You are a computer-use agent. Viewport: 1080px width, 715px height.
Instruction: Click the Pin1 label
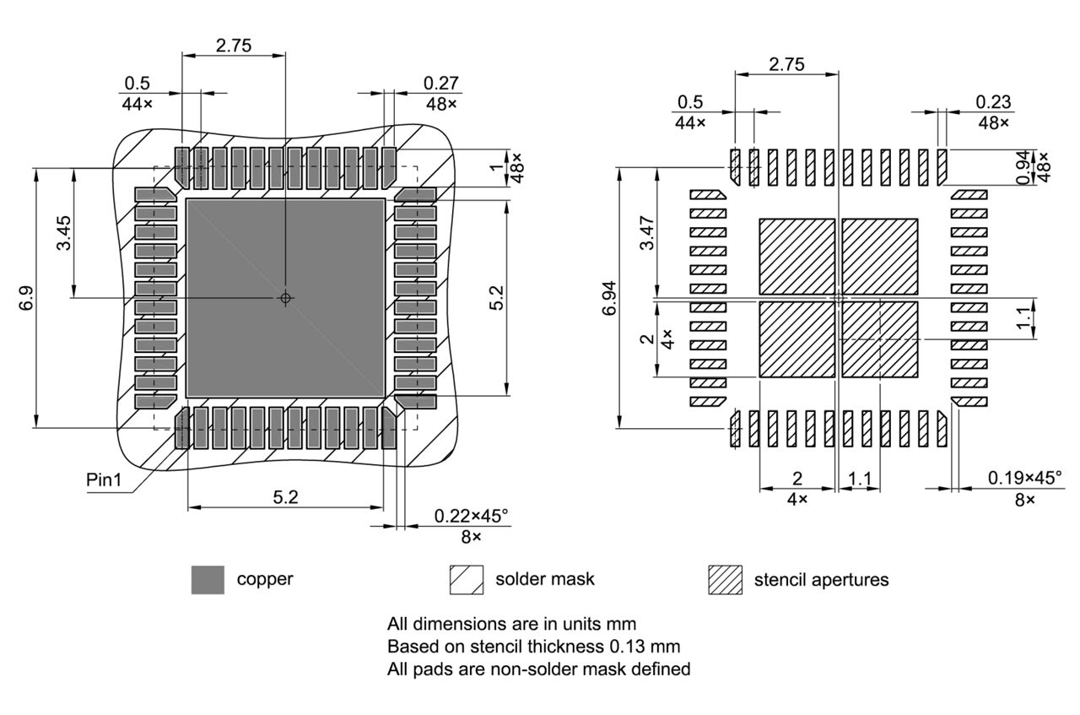105,479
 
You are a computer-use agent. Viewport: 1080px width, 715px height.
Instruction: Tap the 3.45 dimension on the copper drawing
64,233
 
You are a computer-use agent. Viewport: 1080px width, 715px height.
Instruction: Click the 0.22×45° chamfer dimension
471,516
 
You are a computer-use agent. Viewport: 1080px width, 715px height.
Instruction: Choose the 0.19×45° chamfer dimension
1024,479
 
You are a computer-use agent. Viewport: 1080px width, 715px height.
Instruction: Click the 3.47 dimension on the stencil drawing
646,233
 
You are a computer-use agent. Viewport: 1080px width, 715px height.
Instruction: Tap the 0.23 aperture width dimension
993,101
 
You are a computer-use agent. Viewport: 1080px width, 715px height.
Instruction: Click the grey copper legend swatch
208,580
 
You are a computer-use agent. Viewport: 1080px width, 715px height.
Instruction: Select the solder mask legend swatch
467,580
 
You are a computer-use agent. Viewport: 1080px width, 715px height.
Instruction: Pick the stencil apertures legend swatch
725,580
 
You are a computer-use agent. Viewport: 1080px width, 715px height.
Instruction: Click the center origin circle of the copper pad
285,298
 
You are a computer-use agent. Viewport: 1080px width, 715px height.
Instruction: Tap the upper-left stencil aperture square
796,257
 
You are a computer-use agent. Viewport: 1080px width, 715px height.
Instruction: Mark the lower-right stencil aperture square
880,339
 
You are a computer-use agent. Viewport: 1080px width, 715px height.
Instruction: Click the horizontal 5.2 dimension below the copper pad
285,498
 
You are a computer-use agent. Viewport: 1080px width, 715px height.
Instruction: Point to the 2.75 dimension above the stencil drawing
786,64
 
